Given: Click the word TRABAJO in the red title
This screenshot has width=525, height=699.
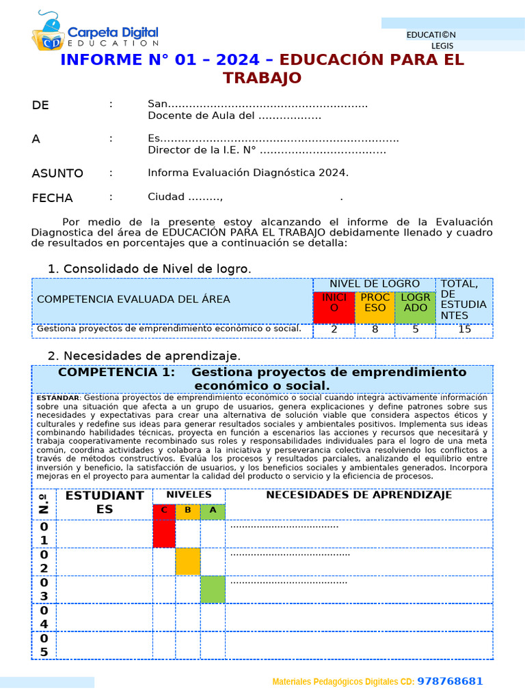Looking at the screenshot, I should [262, 78].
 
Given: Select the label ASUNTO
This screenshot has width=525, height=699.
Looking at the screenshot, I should [57, 173].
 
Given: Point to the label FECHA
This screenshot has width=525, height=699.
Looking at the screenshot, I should [52, 198].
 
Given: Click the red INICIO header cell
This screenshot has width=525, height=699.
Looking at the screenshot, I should [334, 307].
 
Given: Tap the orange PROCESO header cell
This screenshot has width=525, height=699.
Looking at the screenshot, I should [375, 307].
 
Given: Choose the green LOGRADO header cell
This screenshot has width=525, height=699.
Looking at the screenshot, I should [416, 307].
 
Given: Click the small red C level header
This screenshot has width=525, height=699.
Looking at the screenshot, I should [164, 511].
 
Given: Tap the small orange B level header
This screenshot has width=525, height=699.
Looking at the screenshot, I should [188, 511].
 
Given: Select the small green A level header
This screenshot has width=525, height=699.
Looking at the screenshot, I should [213, 511].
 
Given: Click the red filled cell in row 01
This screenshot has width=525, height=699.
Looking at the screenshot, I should [164, 533].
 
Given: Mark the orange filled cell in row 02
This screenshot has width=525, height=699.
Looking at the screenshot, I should [188, 561].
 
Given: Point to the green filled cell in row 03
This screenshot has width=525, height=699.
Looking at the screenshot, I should [213, 589].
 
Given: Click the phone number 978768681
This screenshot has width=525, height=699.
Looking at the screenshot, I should [450, 681].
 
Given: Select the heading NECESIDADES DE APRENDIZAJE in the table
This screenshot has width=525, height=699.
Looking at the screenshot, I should [358, 496].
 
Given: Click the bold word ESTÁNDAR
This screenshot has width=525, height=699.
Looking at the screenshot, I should [58, 398].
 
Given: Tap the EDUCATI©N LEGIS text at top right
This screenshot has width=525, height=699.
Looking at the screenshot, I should [431, 40].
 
